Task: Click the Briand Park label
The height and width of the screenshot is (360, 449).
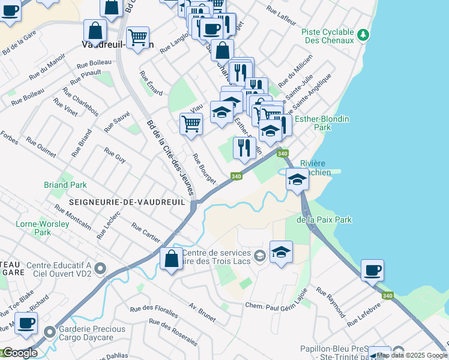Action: coord(65,185)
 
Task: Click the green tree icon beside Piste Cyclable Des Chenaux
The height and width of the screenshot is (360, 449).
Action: coord(362,35)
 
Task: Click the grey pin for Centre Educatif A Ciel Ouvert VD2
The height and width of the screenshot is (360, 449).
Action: coord(100,268)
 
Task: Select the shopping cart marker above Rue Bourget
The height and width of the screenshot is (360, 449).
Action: coord(191,124)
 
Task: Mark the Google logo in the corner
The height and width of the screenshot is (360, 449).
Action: coord(20,353)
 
